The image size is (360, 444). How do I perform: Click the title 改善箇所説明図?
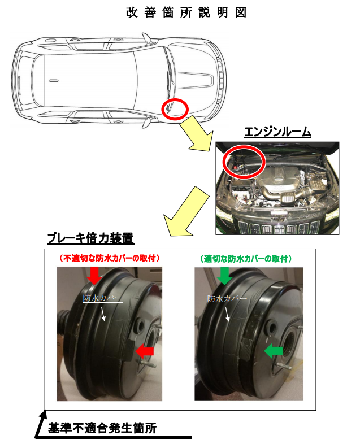click(x=186, y=13)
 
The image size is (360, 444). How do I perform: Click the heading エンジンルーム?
click(x=277, y=132)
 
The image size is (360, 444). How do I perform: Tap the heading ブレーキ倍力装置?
click(x=90, y=238)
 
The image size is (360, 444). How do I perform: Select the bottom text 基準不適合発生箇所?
click(x=102, y=428)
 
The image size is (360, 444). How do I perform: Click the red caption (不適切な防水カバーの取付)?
click(x=109, y=258)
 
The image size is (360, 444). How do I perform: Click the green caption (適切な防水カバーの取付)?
click(x=246, y=259)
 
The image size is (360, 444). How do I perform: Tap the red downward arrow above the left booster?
click(x=94, y=275)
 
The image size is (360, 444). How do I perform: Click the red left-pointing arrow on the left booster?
click(x=145, y=351)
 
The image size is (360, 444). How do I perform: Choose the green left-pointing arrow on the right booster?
click(x=274, y=351)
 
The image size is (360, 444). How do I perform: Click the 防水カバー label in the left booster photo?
click(x=102, y=298)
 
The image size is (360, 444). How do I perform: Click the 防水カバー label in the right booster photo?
click(x=227, y=298)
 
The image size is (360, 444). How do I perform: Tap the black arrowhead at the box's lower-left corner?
click(x=43, y=417)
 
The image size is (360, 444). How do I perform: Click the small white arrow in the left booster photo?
click(x=103, y=314)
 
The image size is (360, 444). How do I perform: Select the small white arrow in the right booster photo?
click(x=227, y=315)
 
